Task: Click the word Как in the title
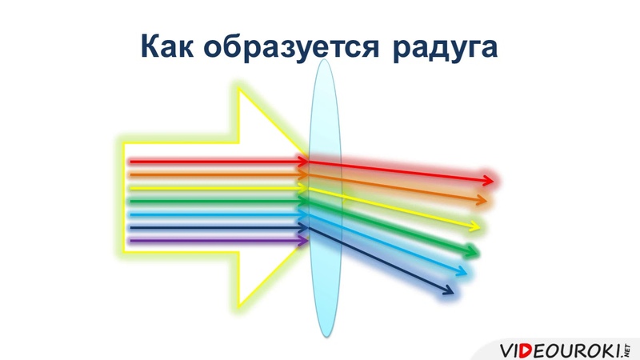[167, 46]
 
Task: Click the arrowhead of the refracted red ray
[489, 180]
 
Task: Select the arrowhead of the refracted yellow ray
[474, 226]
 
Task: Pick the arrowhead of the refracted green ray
[472, 251]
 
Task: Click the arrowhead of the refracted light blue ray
[461, 271]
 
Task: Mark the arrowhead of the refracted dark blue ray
[448, 290]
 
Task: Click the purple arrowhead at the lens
[304, 241]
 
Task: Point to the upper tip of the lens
[325, 59]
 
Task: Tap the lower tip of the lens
[326, 337]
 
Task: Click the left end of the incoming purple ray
[130, 241]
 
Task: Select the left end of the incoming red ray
[130, 162]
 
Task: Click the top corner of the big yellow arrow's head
[239, 90]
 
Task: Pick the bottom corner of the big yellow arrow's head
[239, 306]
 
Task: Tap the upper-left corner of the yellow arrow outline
[124, 143]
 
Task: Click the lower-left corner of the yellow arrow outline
[124, 253]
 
